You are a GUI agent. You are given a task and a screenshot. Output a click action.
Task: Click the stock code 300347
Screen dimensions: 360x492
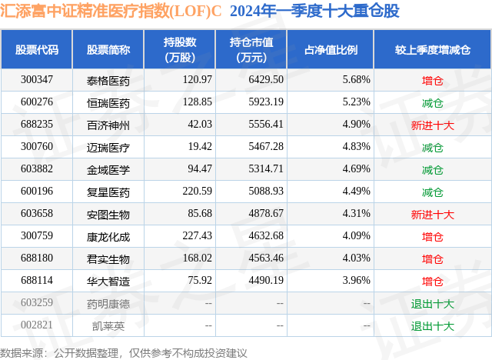pyautogui.click(x=37, y=79)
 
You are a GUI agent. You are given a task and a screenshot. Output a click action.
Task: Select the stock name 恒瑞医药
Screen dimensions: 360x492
pyautogui.click(x=108, y=102)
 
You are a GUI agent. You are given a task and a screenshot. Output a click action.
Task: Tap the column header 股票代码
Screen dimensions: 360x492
pyautogui.click(x=37, y=49)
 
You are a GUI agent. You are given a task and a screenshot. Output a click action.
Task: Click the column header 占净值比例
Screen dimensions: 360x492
pyautogui.click(x=336, y=49)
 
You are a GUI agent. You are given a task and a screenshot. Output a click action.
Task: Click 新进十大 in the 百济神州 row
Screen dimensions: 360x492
pyautogui.click(x=432, y=124)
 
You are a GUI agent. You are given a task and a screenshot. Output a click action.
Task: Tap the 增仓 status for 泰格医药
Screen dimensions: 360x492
pyautogui.click(x=432, y=79)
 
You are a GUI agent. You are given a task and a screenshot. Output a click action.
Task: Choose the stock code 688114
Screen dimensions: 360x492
pyautogui.click(x=37, y=280)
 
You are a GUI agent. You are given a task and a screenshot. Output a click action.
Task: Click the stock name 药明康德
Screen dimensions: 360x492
pyautogui.click(x=108, y=303)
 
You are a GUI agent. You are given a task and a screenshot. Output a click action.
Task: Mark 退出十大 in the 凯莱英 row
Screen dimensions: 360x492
pyautogui.click(x=432, y=325)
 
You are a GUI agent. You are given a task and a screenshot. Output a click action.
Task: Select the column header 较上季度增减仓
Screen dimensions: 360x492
pyautogui.click(x=432, y=49)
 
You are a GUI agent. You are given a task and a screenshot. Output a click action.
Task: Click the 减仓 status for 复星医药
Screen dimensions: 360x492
pyautogui.click(x=432, y=191)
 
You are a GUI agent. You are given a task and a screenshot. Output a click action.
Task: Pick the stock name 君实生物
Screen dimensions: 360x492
pyautogui.click(x=108, y=258)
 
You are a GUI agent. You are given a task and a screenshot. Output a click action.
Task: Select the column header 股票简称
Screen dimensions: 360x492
pyautogui.click(x=108, y=49)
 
